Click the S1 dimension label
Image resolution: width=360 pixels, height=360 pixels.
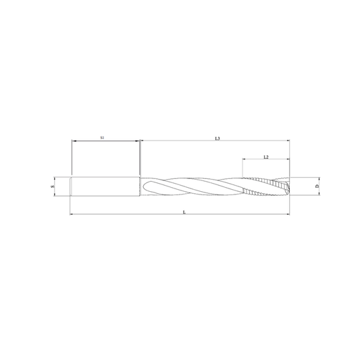click(x=103, y=138)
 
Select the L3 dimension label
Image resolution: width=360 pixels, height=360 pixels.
click(x=217, y=138)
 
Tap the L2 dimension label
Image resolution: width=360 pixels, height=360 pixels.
click(x=266, y=157)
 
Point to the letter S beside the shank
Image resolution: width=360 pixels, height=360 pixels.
click(x=53, y=186)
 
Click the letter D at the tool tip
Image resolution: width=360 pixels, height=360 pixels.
click(x=317, y=186)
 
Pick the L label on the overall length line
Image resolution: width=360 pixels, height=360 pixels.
click(x=184, y=212)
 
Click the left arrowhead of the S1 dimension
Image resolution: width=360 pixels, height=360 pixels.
click(x=74, y=140)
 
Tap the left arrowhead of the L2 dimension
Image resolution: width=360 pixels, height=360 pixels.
click(x=245, y=159)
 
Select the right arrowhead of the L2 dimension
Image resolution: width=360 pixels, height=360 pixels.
click(x=288, y=159)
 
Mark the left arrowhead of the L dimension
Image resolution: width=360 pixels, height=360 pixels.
click(x=72, y=214)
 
